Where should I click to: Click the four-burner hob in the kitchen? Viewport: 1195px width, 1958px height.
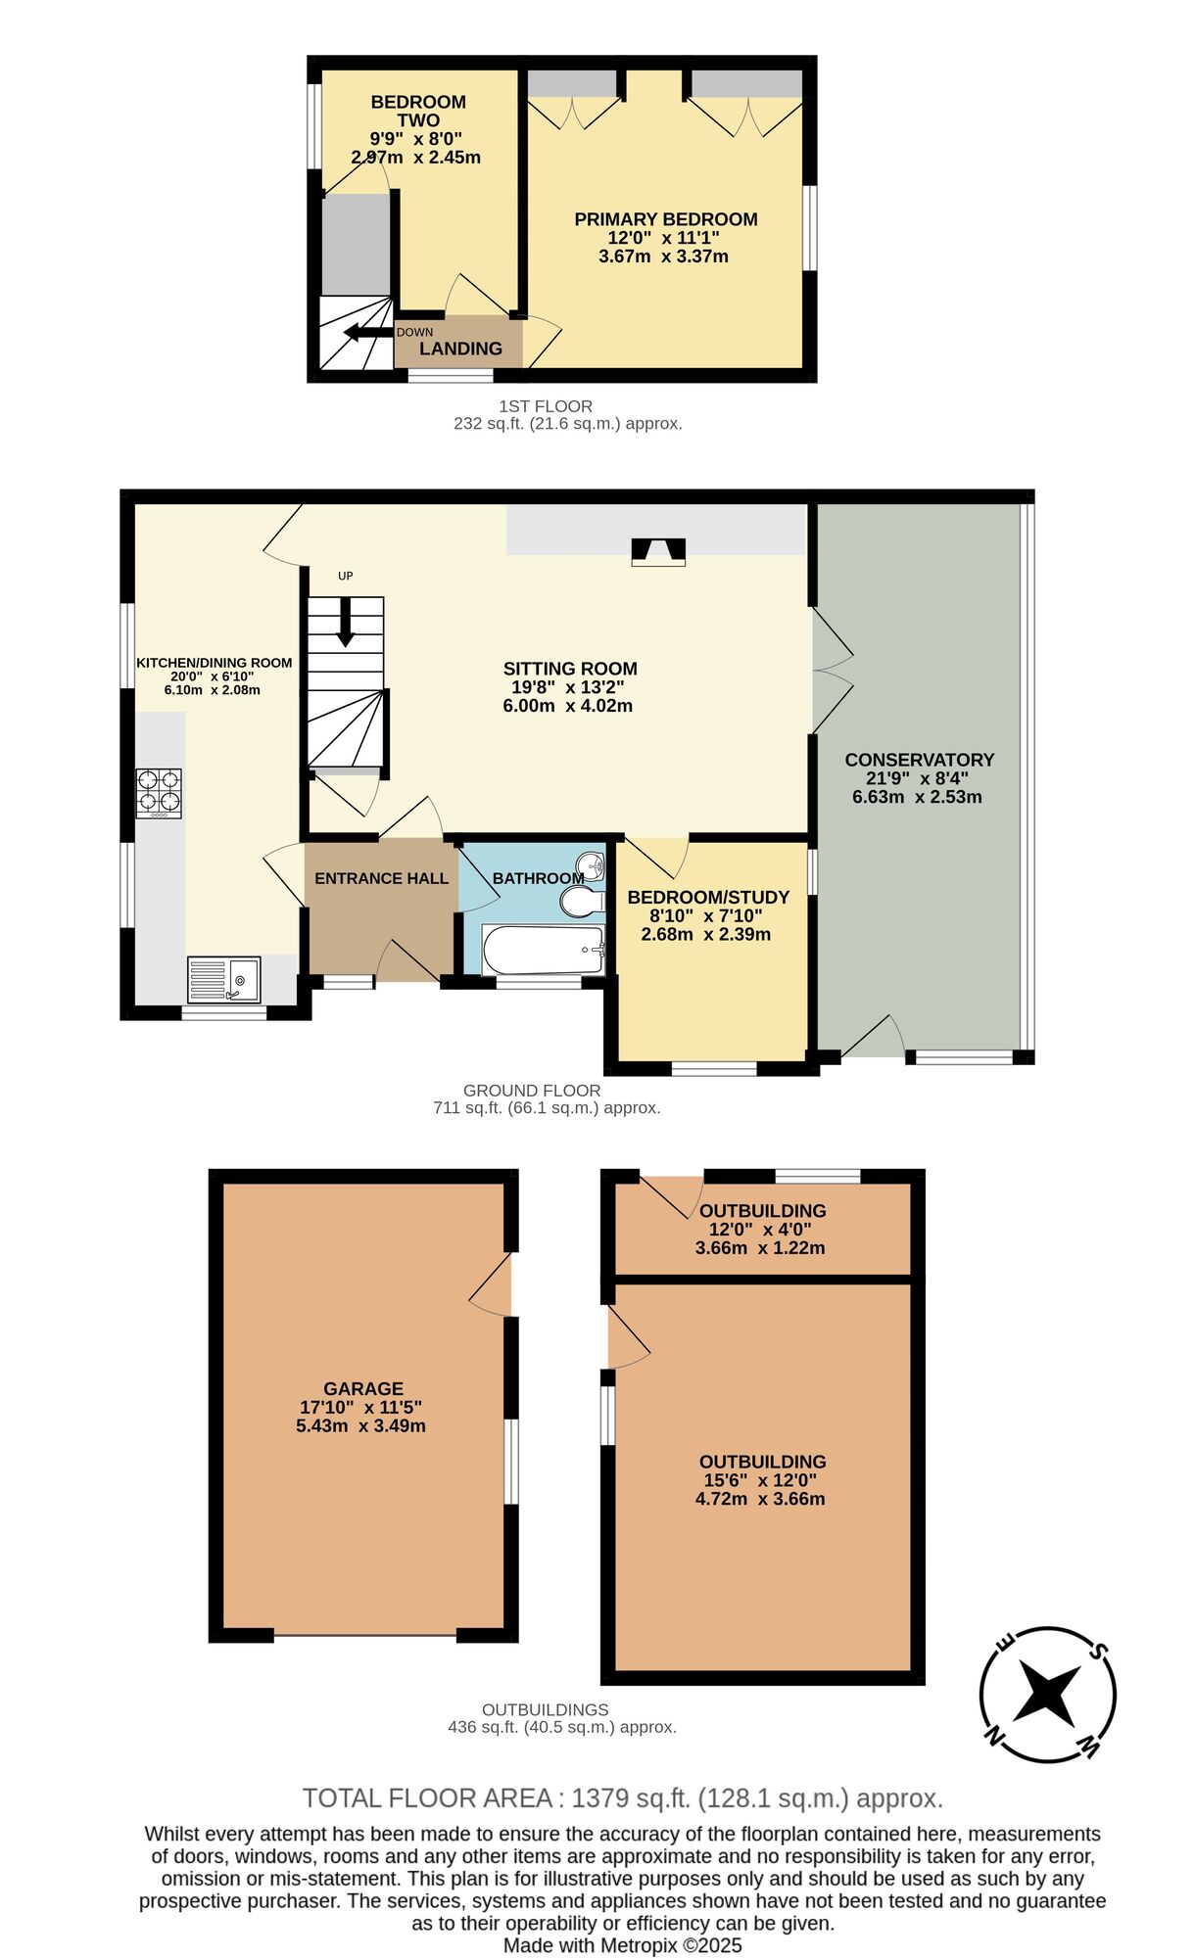click(159, 793)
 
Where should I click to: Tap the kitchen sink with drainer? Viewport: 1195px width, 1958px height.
click(224, 979)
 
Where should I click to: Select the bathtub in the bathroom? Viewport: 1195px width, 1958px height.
click(544, 949)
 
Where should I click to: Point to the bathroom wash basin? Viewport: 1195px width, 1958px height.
click(591, 865)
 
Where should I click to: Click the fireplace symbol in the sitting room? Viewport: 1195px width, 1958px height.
click(658, 552)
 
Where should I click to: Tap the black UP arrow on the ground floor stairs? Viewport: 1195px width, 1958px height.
click(345, 623)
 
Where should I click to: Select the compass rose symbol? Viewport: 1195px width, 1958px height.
click(1047, 1695)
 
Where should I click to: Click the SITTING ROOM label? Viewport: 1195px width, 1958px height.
click(570, 669)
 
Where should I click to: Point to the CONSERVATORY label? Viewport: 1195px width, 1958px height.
click(919, 760)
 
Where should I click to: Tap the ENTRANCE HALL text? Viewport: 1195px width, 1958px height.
click(381, 878)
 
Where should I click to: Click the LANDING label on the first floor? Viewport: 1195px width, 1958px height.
click(460, 349)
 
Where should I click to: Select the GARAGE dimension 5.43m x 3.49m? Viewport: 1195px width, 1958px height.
click(360, 1425)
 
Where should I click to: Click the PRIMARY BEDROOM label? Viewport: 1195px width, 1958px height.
click(665, 219)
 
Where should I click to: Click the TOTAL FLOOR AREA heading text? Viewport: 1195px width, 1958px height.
click(428, 1798)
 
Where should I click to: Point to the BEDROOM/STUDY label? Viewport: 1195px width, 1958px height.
click(707, 897)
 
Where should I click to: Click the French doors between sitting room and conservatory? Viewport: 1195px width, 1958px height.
click(831, 671)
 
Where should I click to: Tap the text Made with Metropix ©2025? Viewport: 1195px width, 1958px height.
click(622, 1945)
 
